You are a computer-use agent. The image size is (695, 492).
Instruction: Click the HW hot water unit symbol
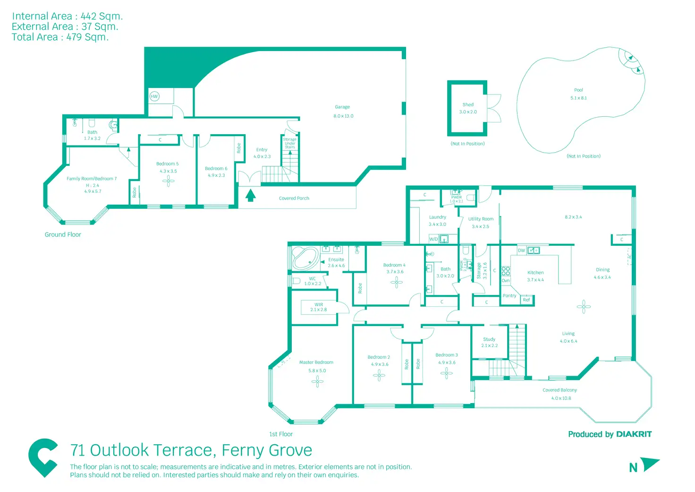click(154, 96)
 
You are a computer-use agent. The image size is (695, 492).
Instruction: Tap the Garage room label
click(342, 107)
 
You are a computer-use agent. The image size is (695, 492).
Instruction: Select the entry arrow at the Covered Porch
click(251, 195)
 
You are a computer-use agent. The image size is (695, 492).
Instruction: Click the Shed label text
click(468, 104)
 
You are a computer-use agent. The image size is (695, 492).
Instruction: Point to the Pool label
click(578, 90)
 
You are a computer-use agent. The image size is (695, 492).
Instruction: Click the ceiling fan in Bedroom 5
click(169, 181)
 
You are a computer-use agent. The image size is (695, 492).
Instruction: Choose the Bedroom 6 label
click(216, 168)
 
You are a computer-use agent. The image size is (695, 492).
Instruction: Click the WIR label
click(319, 305)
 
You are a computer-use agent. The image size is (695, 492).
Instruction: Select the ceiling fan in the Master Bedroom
click(317, 381)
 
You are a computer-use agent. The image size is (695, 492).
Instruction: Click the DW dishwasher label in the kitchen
click(521, 250)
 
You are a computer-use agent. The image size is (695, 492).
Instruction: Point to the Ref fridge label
click(526, 300)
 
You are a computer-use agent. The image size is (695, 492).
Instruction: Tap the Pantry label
click(509, 296)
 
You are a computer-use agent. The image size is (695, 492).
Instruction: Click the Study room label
click(489, 339)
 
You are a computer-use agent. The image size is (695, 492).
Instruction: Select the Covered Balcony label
click(559, 390)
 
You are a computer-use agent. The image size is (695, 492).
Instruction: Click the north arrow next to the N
click(650, 464)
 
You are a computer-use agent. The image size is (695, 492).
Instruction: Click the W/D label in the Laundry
click(433, 239)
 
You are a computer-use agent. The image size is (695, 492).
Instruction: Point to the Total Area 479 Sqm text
click(60, 37)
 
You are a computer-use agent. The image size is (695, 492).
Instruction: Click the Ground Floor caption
click(63, 234)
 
